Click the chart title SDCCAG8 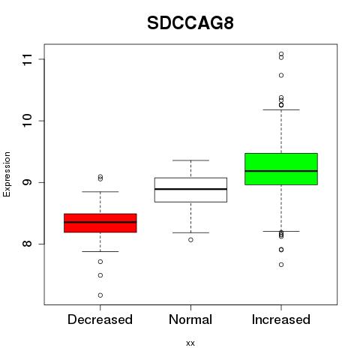click(x=190, y=23)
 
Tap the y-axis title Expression click(x=7, y=174)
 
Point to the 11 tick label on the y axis click(x=28, y=59)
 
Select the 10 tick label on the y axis click(x=28, y=121)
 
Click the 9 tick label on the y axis click(x=28, y=182)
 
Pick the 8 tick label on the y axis click(x=28, y=244)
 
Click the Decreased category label click(x=100, y=319)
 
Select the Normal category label click(x=190, y=319)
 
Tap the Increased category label click(x=281, y=319)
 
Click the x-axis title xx click(x=190, y=343)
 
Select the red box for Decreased click(x=100, y=223)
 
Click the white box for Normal click(x=190, y=190)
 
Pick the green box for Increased click(x=281, y=169)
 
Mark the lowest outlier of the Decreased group click(x=100, y=295)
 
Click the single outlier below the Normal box click(x=190, y=240)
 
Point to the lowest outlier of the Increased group click(x=281, y=265)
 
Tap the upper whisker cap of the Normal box click(x=190, y=160)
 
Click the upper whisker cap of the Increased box click(x=281, y=109)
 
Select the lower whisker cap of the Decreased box click(x=100, y=251)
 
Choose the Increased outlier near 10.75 click(x=281, y=75)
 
